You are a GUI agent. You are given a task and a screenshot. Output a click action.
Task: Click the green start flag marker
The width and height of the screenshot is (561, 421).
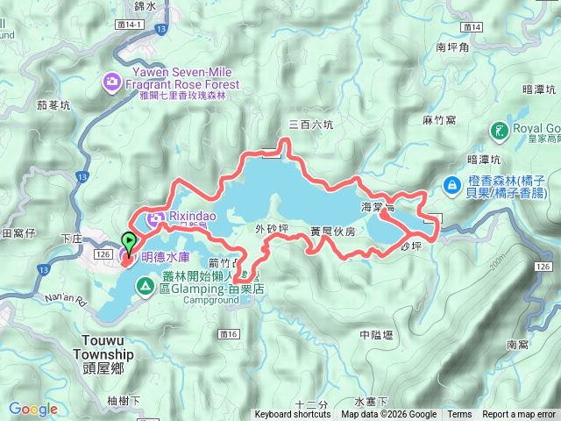click(128, 241)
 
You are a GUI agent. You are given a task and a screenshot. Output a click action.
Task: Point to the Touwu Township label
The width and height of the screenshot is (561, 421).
click(70, 349)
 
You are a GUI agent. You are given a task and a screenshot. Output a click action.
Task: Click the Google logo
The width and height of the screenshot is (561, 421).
click(32, 409)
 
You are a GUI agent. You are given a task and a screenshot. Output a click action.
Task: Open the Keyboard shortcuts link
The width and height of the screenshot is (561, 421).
click(293, 415)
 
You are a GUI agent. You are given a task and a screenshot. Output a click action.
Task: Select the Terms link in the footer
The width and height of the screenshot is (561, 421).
click(459, 415)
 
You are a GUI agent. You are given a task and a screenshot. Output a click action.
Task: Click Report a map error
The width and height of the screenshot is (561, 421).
click(520, 415)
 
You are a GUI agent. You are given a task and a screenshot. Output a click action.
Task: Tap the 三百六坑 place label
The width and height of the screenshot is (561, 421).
click(311, 125)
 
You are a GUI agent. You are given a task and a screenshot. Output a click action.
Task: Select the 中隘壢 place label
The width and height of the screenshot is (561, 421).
click(379, 335)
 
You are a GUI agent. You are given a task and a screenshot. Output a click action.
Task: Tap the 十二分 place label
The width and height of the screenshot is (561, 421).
click(311, 404)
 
